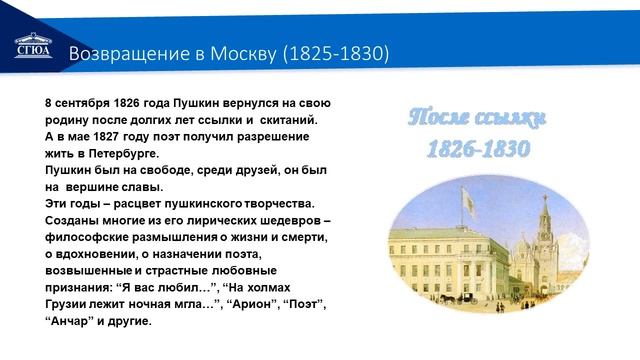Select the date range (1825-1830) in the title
336,51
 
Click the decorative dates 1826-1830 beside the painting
478,150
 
